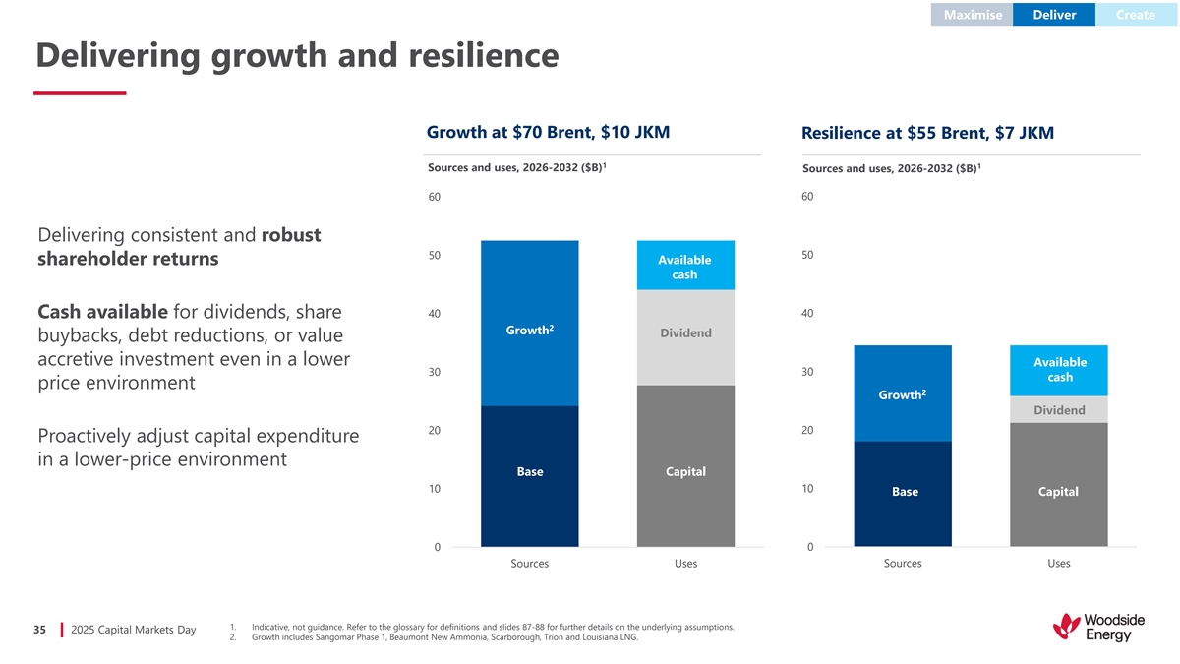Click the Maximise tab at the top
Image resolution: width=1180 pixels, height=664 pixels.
973,15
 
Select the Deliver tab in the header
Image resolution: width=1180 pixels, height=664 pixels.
1054,15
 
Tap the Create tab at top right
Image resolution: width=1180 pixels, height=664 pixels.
1136,15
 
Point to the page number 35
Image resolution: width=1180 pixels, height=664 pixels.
40,630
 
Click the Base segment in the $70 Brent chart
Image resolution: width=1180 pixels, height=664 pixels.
530,476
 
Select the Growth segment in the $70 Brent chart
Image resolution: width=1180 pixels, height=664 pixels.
530,325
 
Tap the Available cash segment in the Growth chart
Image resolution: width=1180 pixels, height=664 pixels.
685,266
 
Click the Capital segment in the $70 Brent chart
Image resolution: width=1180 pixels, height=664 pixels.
685,466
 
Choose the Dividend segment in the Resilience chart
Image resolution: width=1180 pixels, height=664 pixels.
1059,410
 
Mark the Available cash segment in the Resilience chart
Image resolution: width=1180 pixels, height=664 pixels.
1059,371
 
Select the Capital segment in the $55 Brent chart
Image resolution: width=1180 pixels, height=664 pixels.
1059,485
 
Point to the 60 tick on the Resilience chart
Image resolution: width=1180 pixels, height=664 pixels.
806,197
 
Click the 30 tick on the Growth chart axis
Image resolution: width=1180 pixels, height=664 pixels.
434,372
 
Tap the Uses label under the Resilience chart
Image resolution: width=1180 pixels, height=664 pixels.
1059,564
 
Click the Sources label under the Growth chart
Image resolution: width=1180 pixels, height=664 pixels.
530,564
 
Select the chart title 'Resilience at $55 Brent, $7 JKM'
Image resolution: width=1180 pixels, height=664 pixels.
927,133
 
